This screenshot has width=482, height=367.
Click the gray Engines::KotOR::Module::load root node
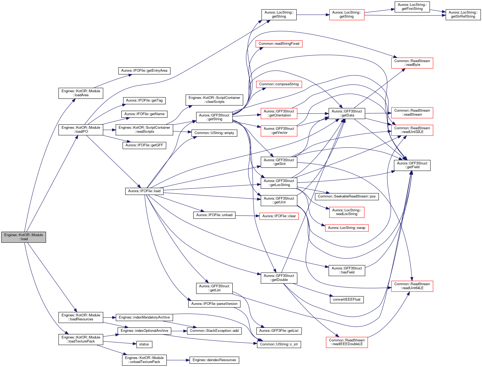(23, 237)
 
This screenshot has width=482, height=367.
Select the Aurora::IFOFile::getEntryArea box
(144, 71)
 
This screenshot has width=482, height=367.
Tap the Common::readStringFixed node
(279, 44)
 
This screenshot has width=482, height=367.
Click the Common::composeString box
(279, 84)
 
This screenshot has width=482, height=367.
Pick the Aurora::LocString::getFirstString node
(412, 7)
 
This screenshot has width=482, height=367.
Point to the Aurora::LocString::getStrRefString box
(463, 14)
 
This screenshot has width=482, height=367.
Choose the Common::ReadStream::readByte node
(412, 63)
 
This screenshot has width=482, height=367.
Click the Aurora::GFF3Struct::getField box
(412, 165)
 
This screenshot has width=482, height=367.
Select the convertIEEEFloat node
(347, 300)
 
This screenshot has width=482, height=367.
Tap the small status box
(144, 344)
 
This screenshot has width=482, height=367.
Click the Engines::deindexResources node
(214, 360)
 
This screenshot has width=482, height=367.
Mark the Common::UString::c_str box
(279, 344)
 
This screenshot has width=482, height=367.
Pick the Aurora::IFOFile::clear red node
(279, 216)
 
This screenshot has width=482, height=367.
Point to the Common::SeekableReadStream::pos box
(347, 196)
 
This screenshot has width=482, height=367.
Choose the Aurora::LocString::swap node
(347, 228)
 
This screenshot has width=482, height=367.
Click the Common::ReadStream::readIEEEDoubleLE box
(347, 342)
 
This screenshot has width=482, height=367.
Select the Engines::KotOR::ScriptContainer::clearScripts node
(214, 100)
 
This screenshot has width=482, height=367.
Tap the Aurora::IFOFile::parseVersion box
(214, 304)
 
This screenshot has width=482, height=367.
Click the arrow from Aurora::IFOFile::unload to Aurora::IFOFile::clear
(247, 216)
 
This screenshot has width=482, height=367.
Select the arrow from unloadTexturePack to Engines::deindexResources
(178, 360)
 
